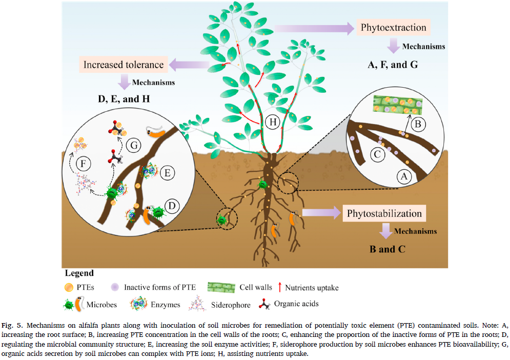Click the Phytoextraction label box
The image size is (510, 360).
pos(393,28)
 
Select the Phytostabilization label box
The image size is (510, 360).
pos(384,213)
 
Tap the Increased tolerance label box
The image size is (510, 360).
pos(124,65)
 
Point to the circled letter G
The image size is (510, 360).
pos(134,146)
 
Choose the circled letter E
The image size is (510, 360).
pos(167,173)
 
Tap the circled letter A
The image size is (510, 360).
pos(404,177)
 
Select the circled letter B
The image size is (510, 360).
pos(416,124)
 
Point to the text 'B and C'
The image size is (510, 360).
pos(387,249)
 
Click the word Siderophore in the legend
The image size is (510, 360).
pos(231,305)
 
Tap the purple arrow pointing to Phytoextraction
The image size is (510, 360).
pos(336,28)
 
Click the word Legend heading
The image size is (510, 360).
pos(79,273)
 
